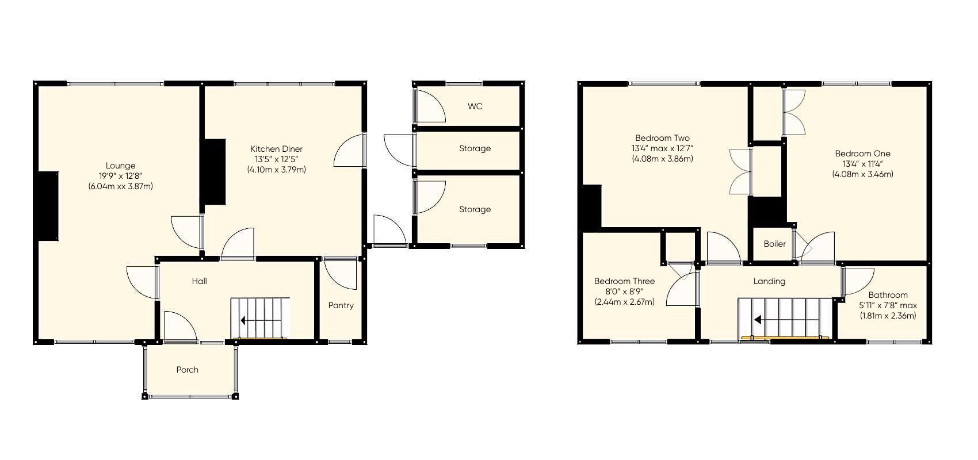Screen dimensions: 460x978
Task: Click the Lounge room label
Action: [120, 166]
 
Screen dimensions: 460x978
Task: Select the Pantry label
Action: [341, 305]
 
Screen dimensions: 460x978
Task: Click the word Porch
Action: [188, 370]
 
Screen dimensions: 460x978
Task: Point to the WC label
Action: [475, 106]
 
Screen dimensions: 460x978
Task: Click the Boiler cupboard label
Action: [774, 244]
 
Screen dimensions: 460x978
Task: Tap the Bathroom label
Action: [888, 295]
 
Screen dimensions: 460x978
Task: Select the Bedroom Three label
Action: [624, 281]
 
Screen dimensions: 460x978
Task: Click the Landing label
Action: [769, 281]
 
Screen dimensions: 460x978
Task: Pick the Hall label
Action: [200, 281]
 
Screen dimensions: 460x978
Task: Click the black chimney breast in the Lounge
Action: [47, 206]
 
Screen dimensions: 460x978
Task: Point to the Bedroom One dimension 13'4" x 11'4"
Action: [862, 164]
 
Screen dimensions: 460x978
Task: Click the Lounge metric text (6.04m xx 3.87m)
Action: [120, 186]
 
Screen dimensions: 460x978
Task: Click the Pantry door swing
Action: [341, 274]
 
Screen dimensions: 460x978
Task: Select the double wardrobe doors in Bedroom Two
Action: [740, 171]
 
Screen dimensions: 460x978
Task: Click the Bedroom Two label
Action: [662, 138]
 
